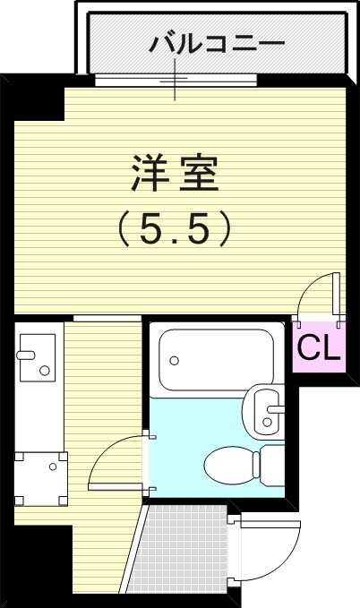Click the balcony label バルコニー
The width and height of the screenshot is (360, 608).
point(217,42)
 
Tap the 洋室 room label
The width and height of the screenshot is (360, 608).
point(176,174)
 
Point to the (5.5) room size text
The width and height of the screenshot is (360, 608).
point(176,230)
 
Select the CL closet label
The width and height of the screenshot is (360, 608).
point(319,348)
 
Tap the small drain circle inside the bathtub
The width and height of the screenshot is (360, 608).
point(176,362)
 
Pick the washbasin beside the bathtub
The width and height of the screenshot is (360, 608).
point(263,407)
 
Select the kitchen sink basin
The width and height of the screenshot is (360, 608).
point(38,357)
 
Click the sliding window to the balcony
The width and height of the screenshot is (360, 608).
point(176,78)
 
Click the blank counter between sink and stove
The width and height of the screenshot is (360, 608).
point(37,416)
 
